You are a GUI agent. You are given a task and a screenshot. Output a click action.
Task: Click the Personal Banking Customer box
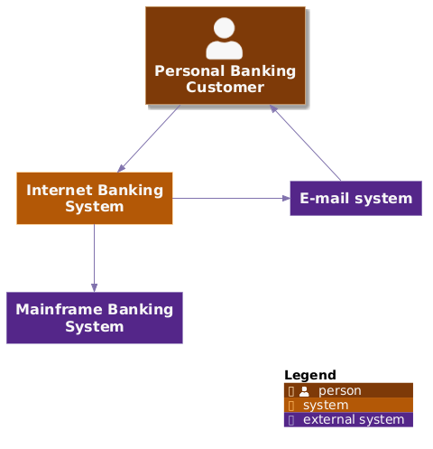225,56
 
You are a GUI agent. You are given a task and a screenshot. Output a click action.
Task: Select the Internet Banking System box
94,198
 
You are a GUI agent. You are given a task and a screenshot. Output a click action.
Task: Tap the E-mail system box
355,199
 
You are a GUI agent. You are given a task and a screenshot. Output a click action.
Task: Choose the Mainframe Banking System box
94,317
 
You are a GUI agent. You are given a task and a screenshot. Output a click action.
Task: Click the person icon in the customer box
225,39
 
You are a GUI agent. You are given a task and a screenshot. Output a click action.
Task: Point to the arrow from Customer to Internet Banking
150,138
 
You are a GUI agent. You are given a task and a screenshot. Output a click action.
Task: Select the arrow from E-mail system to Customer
307,143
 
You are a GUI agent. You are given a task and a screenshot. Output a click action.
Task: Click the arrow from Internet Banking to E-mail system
230,198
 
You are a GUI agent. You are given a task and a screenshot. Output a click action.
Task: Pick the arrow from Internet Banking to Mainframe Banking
94,257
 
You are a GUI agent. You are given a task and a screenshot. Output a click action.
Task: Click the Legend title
309,375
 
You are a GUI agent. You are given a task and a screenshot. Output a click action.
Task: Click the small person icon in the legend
304,391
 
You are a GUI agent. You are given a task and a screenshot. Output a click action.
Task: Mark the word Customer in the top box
225,87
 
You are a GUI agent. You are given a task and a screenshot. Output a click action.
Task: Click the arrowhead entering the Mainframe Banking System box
94,286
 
